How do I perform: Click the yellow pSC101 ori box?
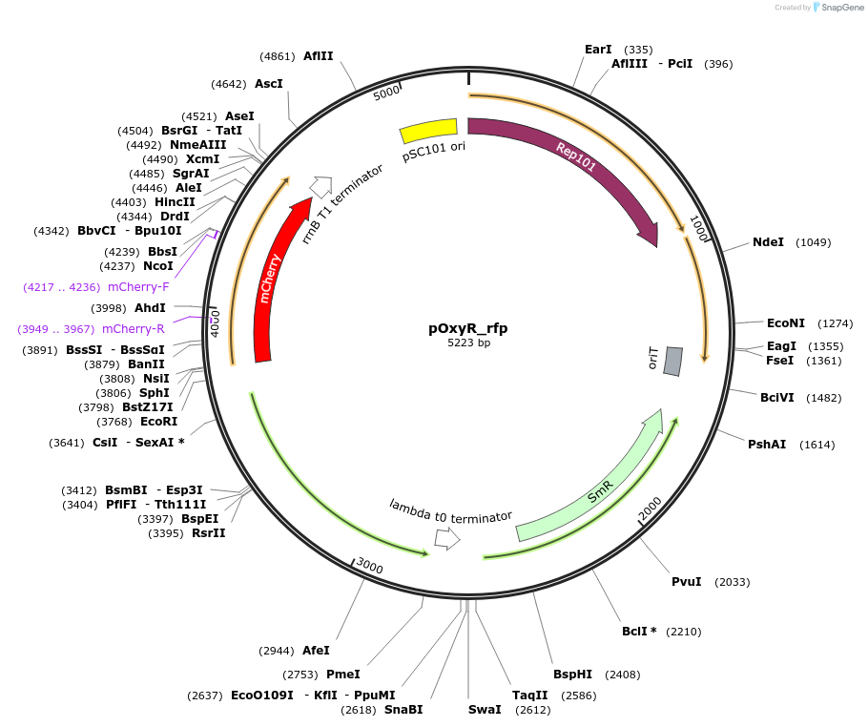click(x=428, y=130)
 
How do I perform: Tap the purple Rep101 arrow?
click(x=572, y=162)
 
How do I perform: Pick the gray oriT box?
click(x=672, y=361)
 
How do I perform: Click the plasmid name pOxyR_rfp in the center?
click(x=468, y=328)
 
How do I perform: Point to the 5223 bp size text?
click(x=468, y=343)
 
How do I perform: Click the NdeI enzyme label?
click(x=768, y=242)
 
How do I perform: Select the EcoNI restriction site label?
click(x=786, y=323)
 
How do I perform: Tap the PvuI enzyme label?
click(x=686, y=581)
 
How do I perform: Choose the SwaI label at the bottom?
click(x=485, y=709)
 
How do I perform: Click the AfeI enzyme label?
click(x=316, y=651)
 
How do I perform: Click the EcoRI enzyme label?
click(x=158, y=421)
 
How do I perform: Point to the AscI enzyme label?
click(x=268, y=84)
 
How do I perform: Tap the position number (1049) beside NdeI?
click(x=814, y=242)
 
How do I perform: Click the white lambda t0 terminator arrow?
click(x=446, y=539)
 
